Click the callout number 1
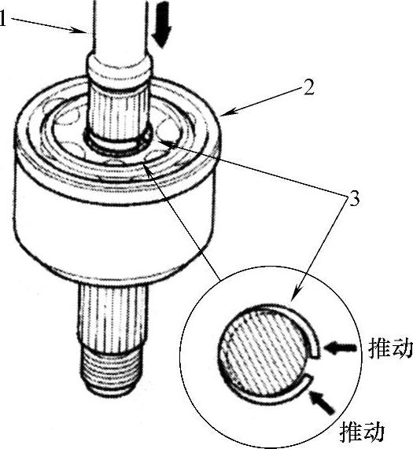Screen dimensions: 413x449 tap(2, 19)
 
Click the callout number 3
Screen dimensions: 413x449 tap(354, 198)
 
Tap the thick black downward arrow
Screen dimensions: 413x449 tap(161, 24)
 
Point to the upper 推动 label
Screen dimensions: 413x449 tap(391, 348)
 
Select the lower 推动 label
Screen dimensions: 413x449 tap(362, 432)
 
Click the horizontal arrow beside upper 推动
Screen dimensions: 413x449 tap(341, 348)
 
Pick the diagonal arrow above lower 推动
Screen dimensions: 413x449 tap(322, 402)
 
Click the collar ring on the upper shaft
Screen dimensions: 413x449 tap(120, 69)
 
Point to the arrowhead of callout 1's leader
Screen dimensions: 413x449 tap(82, 31)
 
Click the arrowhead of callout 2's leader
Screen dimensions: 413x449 tap(226, 113)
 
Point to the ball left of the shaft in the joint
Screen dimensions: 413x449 tap(68, 115)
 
